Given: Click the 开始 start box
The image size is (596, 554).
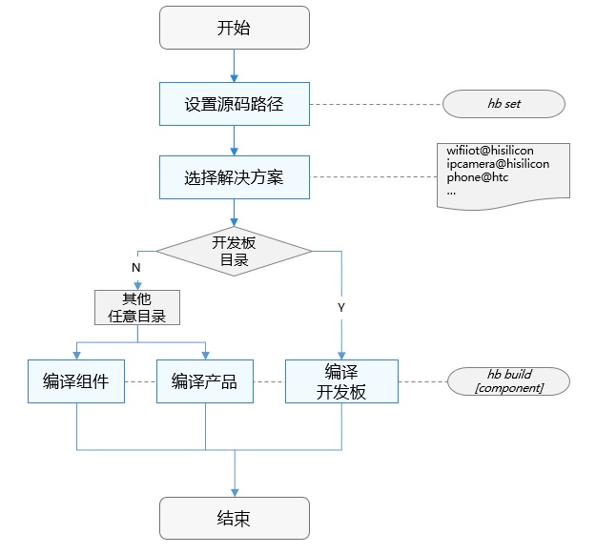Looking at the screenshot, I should click(234, 28).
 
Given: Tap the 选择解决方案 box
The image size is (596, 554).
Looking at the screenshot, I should click(234, 176).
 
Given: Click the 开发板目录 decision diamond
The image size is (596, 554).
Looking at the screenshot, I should click(234, 251).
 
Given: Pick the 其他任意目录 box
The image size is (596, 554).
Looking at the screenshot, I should click(137, 307).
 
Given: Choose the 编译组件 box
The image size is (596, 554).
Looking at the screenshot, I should click(75, 381).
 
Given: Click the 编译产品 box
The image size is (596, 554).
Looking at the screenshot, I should click(204, 381).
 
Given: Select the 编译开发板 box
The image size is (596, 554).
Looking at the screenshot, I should click(340, 381).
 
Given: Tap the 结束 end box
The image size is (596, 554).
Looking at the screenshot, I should click(234, 519).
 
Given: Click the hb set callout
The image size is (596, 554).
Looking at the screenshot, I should click(504, 104).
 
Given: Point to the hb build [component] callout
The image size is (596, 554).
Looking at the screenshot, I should click(509, 381).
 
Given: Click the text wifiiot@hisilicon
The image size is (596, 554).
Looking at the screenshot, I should click(490, 151).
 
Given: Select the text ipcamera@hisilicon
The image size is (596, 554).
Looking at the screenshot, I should click(498, 164).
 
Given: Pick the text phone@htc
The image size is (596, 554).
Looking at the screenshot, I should click(480, 177).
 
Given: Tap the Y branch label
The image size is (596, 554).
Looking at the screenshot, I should click(340, 308).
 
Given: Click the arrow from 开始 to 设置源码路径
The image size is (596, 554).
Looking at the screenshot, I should click(234, 65).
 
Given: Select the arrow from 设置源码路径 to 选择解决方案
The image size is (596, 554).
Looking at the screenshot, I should click(234, 139).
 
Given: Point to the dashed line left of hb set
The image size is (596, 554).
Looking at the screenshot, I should click(377, 104).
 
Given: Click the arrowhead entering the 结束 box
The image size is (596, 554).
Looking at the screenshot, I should click(234, 490).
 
